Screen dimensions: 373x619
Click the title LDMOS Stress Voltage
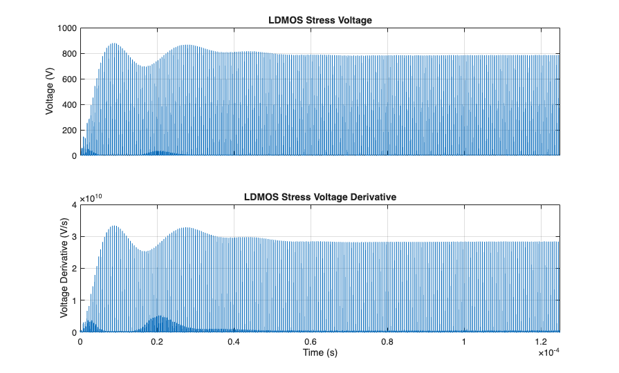320,20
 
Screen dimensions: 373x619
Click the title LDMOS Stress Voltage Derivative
320,197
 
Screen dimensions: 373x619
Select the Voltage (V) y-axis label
50,92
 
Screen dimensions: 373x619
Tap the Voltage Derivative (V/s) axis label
64,269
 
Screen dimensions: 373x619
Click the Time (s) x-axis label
320,352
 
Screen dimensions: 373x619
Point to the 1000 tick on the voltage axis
66,28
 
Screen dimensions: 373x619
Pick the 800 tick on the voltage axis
68,54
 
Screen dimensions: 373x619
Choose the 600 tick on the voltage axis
68,79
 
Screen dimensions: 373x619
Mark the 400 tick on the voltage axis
68,105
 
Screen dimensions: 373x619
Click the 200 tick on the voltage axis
68,131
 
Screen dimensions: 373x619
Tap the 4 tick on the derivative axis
73,205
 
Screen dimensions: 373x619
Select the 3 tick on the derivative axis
73,237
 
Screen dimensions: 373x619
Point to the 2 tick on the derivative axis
73,269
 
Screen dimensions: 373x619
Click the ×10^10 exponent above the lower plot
91,198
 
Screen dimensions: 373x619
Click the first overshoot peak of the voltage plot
113,44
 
